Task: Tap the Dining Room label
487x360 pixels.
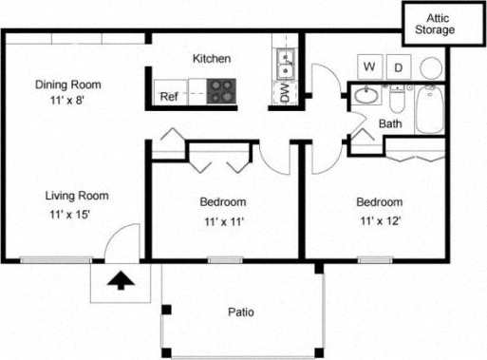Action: point(67,85)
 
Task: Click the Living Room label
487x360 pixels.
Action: point(77,197)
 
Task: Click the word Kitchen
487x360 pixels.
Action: point(212,59)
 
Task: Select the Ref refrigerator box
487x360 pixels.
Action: point(169,96)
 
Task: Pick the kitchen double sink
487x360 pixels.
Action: point(285,66)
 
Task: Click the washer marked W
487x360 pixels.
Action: point(369,67)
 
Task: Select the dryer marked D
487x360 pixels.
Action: point(399,67)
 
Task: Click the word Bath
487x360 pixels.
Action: point(390,124)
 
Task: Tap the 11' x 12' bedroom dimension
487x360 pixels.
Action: point(380,221)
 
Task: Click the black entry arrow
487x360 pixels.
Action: point(121,280)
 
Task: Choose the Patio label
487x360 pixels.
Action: point(241,312)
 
